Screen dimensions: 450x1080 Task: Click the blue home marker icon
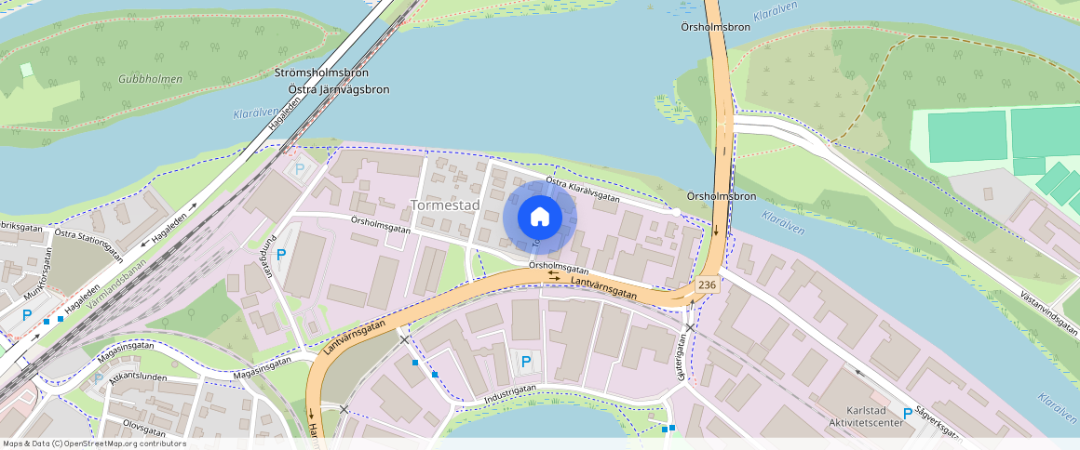click(x=540, y=218)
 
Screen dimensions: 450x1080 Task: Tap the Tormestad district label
click(x=445, y=205)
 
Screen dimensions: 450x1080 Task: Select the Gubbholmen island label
click(x=150, y=80)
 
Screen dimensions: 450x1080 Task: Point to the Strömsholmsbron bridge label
click(x=322, y=73)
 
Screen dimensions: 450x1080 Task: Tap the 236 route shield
click(x=707, y=285)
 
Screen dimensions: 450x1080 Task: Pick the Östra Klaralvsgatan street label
click(x=583, y=190)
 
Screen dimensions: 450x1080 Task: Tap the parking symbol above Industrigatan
click(x=526, y=362)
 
